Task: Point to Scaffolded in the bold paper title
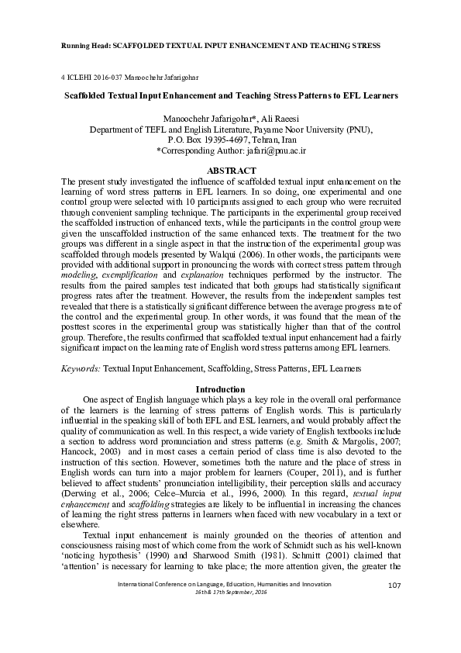[91, 98]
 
